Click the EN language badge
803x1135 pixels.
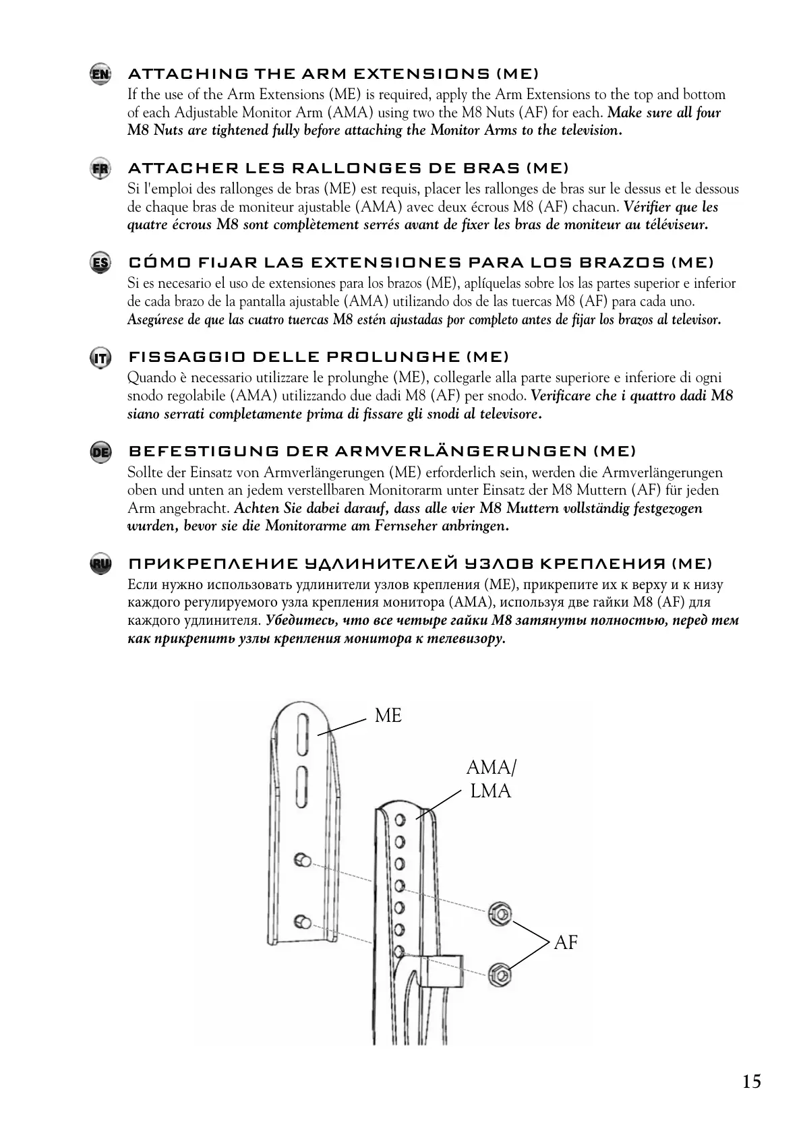coord(100,73)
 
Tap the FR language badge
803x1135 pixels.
coord(100,168)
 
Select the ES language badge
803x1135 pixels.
coord(100,262)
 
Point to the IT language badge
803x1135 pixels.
coord(100,357)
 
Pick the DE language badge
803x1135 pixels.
coord(100,452)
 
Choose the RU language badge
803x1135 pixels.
coord(100,563)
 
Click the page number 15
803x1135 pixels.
coord(751,1082)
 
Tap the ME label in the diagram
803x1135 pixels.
coord(388,716)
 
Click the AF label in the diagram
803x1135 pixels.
coord(566,942)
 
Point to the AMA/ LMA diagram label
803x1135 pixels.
coord(492,778)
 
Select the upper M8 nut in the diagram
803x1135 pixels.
coord(499,913)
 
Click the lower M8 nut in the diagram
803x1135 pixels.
coord(499,974)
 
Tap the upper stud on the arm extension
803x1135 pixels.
coord(302,860)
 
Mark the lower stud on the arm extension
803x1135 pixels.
coord(302,921)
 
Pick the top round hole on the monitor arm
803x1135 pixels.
coord(400,820)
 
